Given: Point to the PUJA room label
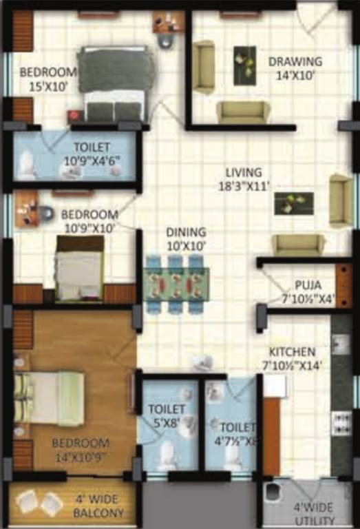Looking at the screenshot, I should [x=306, y=291].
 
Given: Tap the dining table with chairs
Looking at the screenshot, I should [x=176, y=283].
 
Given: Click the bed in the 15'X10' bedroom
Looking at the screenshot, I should [x=114, y=83].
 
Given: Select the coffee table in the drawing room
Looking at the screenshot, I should [x=244, y=65].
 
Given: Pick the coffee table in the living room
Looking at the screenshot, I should [x=293, y=203].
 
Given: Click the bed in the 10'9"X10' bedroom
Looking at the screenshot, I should [x=79, y=269].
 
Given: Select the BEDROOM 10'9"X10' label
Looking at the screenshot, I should [x=89, y=220].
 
